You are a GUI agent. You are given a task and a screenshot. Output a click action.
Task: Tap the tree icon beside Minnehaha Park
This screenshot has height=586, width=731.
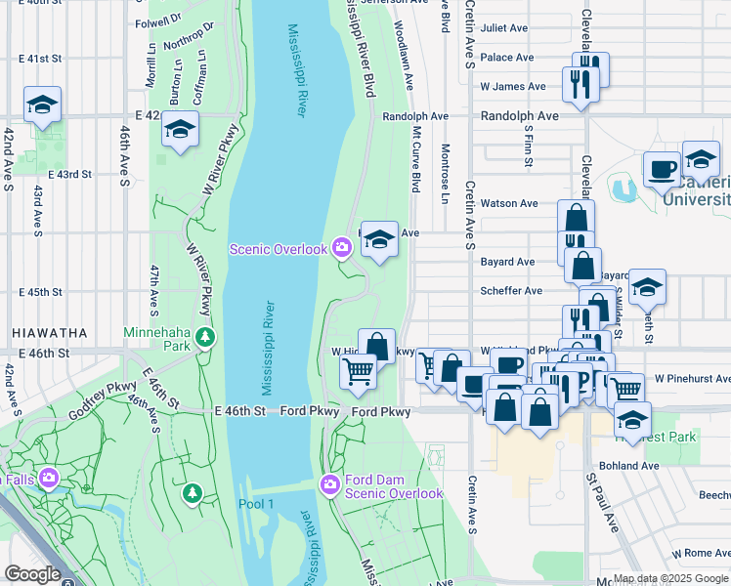coord(204,338)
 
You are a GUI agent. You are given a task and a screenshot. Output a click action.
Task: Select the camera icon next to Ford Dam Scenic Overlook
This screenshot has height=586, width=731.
coord(330,484)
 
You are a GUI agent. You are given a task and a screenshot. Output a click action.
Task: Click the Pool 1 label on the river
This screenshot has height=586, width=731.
coord(256,504)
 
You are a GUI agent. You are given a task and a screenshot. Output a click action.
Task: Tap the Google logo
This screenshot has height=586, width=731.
coord(32,574)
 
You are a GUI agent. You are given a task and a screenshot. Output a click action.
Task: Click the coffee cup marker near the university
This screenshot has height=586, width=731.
coord(662,169)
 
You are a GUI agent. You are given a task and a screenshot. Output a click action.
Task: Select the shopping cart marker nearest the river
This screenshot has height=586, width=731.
coord(359,371)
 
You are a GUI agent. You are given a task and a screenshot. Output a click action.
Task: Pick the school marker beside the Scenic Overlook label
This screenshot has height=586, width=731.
coord(379,239)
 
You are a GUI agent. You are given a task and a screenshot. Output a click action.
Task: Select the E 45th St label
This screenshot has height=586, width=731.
coord(40,292)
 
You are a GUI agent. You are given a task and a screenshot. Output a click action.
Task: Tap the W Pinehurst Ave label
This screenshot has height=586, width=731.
coord(692,378)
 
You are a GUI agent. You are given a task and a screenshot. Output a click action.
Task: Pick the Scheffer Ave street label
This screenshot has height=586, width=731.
coord(511,291)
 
